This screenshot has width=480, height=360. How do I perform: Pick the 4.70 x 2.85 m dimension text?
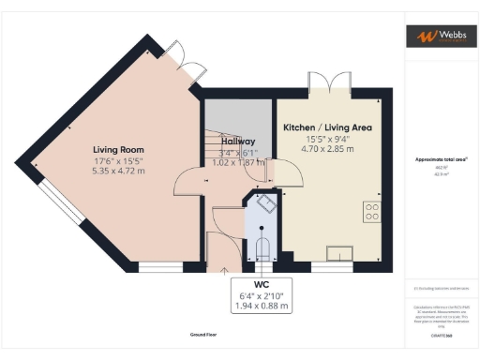click(327, 148)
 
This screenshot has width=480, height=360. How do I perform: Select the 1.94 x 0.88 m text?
click(261, 306)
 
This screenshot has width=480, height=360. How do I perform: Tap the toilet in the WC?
click(263, 248)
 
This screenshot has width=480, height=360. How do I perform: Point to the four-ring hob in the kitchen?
click(371, 211)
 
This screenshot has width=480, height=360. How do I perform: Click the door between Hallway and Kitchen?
click(273, 172)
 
